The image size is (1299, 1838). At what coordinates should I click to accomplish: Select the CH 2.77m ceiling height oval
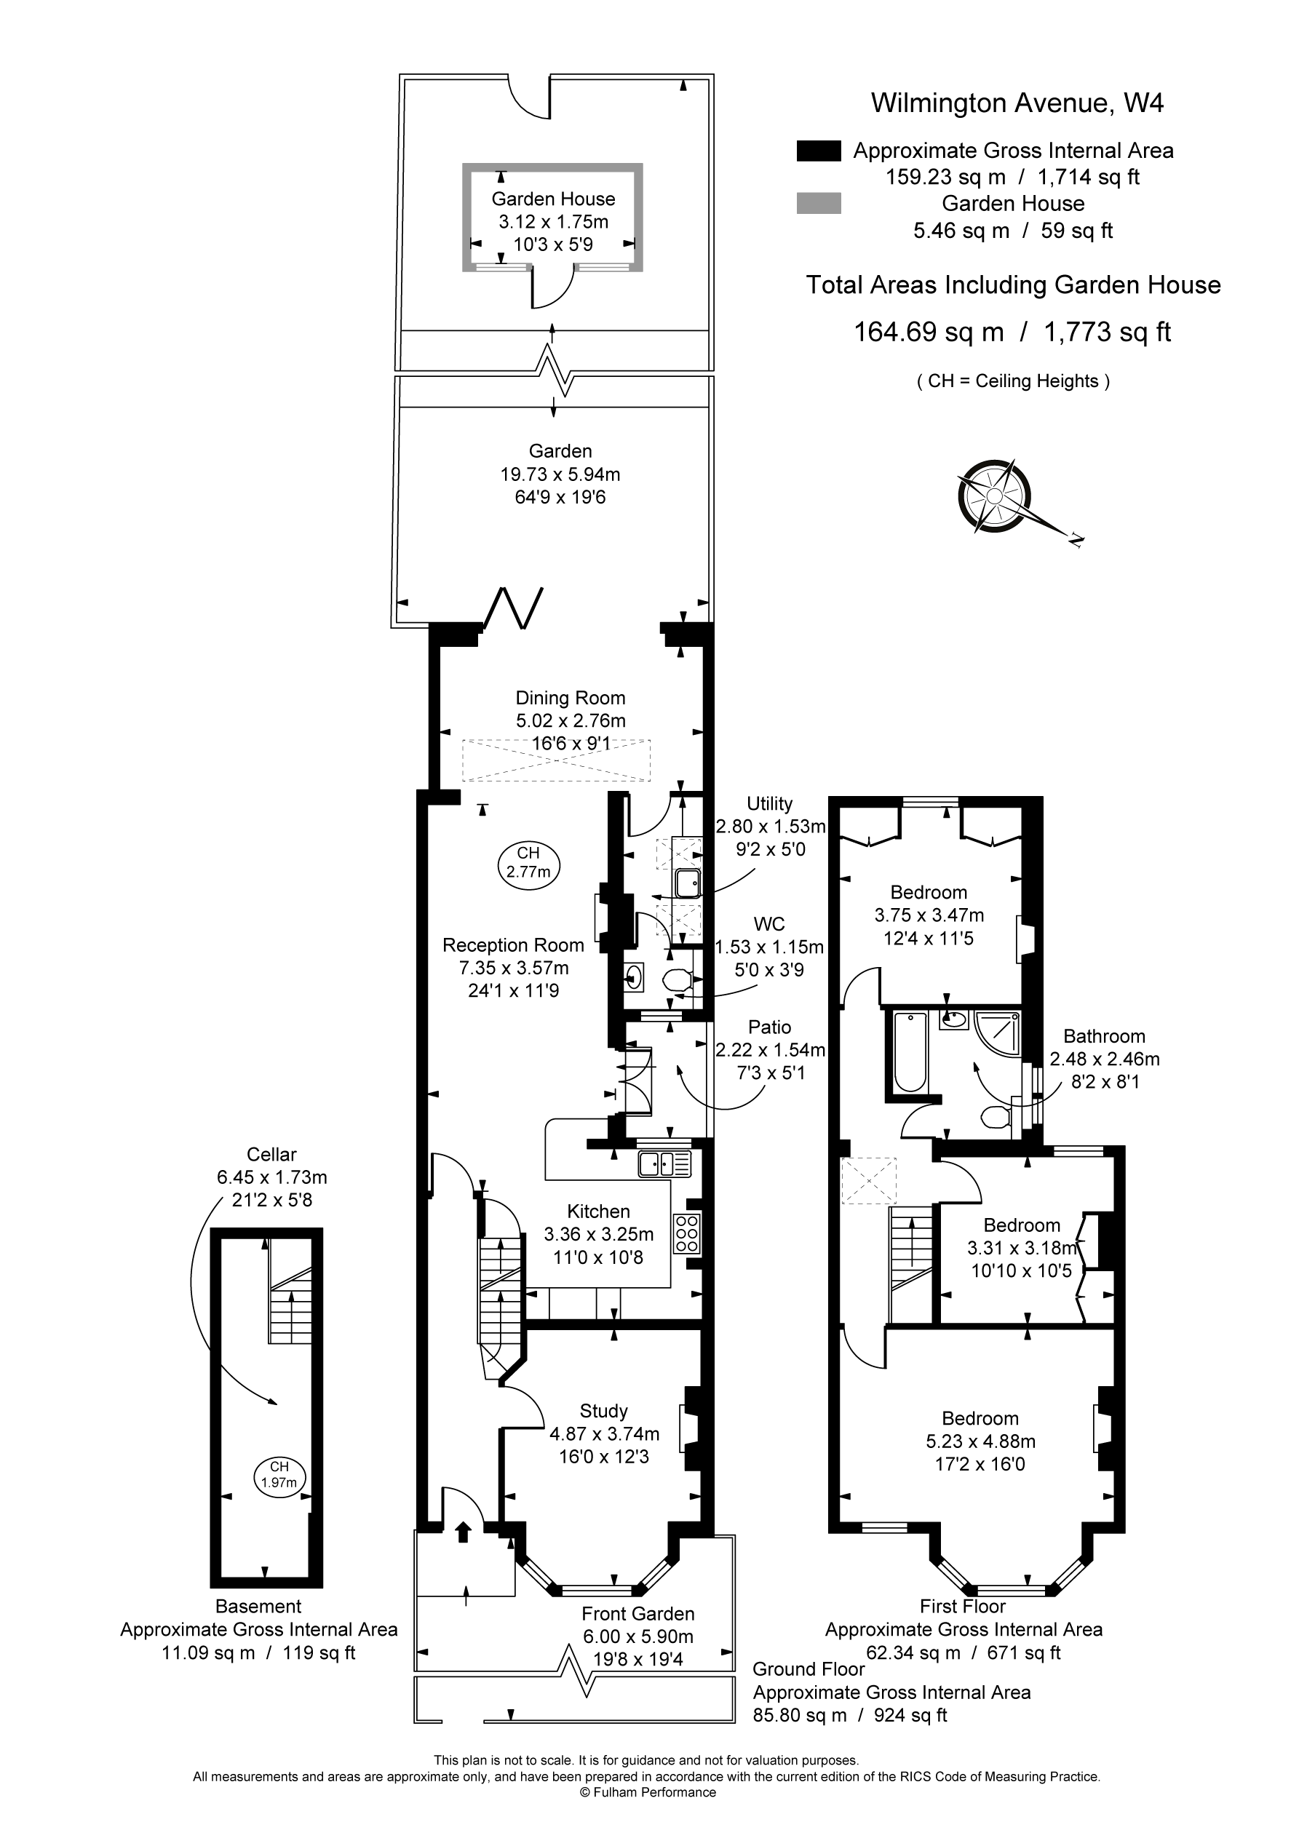[528, 863]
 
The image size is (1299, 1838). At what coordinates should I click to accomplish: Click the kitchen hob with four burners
[687, 1233]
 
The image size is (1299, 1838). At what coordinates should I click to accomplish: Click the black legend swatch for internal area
[819, 151]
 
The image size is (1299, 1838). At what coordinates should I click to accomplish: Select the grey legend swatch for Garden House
[819, 203]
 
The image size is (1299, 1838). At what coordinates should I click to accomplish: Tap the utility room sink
[688, 883]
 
